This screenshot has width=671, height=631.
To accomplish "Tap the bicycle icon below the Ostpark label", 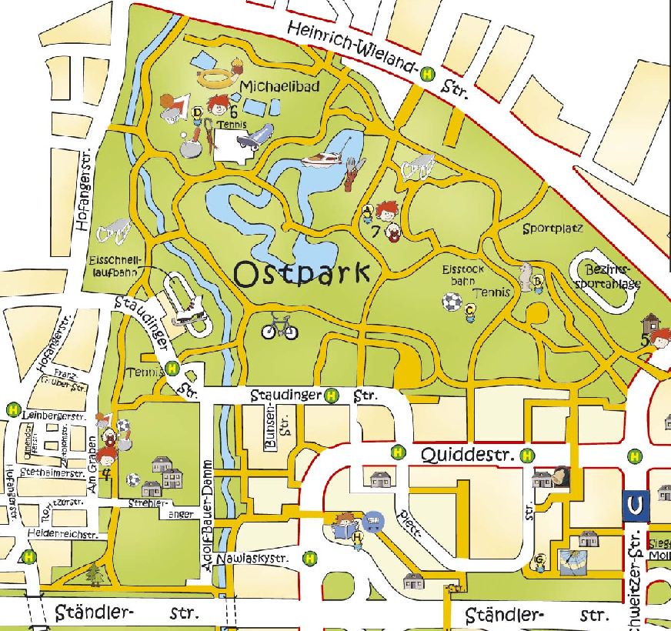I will point(279,329).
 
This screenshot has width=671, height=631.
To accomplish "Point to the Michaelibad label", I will point(279,87).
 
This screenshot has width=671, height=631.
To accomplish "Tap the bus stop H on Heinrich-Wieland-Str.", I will point(426,74).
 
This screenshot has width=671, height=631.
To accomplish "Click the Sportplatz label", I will point(552,229).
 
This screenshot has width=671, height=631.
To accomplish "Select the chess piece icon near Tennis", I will point(526,276).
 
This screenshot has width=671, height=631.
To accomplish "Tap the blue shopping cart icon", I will point(374,521).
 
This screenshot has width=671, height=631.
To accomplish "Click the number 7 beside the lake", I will point(374,231).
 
